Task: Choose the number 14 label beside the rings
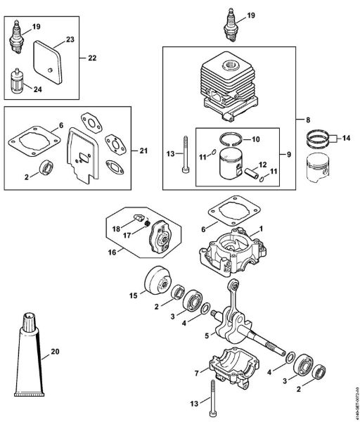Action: pyautogui.click(x=347, y=139)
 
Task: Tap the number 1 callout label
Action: pyautogui.click(x=261, y=229)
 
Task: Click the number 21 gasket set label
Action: pyautogui.click(x=143, y=150)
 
